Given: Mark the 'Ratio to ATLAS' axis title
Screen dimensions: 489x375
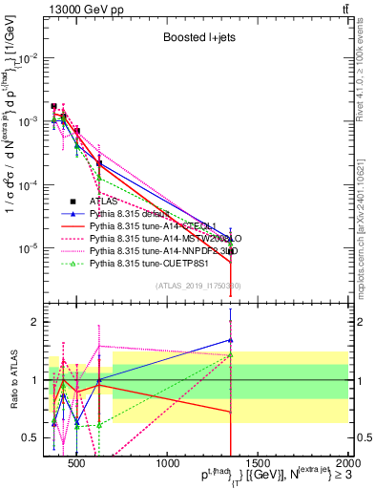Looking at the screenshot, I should [12, 380].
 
